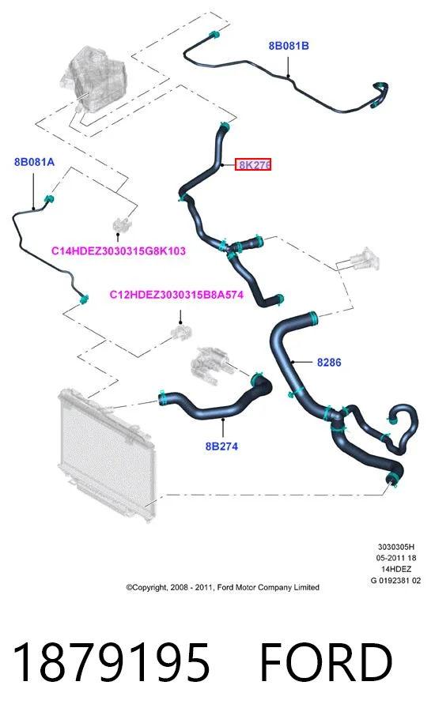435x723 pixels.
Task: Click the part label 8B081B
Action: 289,46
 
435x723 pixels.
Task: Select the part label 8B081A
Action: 34,162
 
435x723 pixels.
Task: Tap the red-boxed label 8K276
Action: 253,164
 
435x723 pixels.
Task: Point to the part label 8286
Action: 329,363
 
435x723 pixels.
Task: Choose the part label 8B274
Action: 221,446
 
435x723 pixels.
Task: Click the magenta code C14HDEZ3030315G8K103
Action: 118,251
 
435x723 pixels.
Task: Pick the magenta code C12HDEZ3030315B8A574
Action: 176,295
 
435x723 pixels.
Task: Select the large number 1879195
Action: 112,662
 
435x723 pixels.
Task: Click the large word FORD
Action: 326,662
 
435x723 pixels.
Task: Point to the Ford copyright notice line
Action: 223,587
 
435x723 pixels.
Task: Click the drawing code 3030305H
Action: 395,547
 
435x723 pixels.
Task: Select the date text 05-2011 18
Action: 395,558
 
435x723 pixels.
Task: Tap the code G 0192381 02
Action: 395,581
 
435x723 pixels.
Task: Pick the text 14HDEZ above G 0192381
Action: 395,570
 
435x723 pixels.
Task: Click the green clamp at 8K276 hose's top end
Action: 225,126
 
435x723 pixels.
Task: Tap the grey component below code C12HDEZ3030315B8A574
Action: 180,332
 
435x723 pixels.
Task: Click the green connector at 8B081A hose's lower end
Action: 84,299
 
